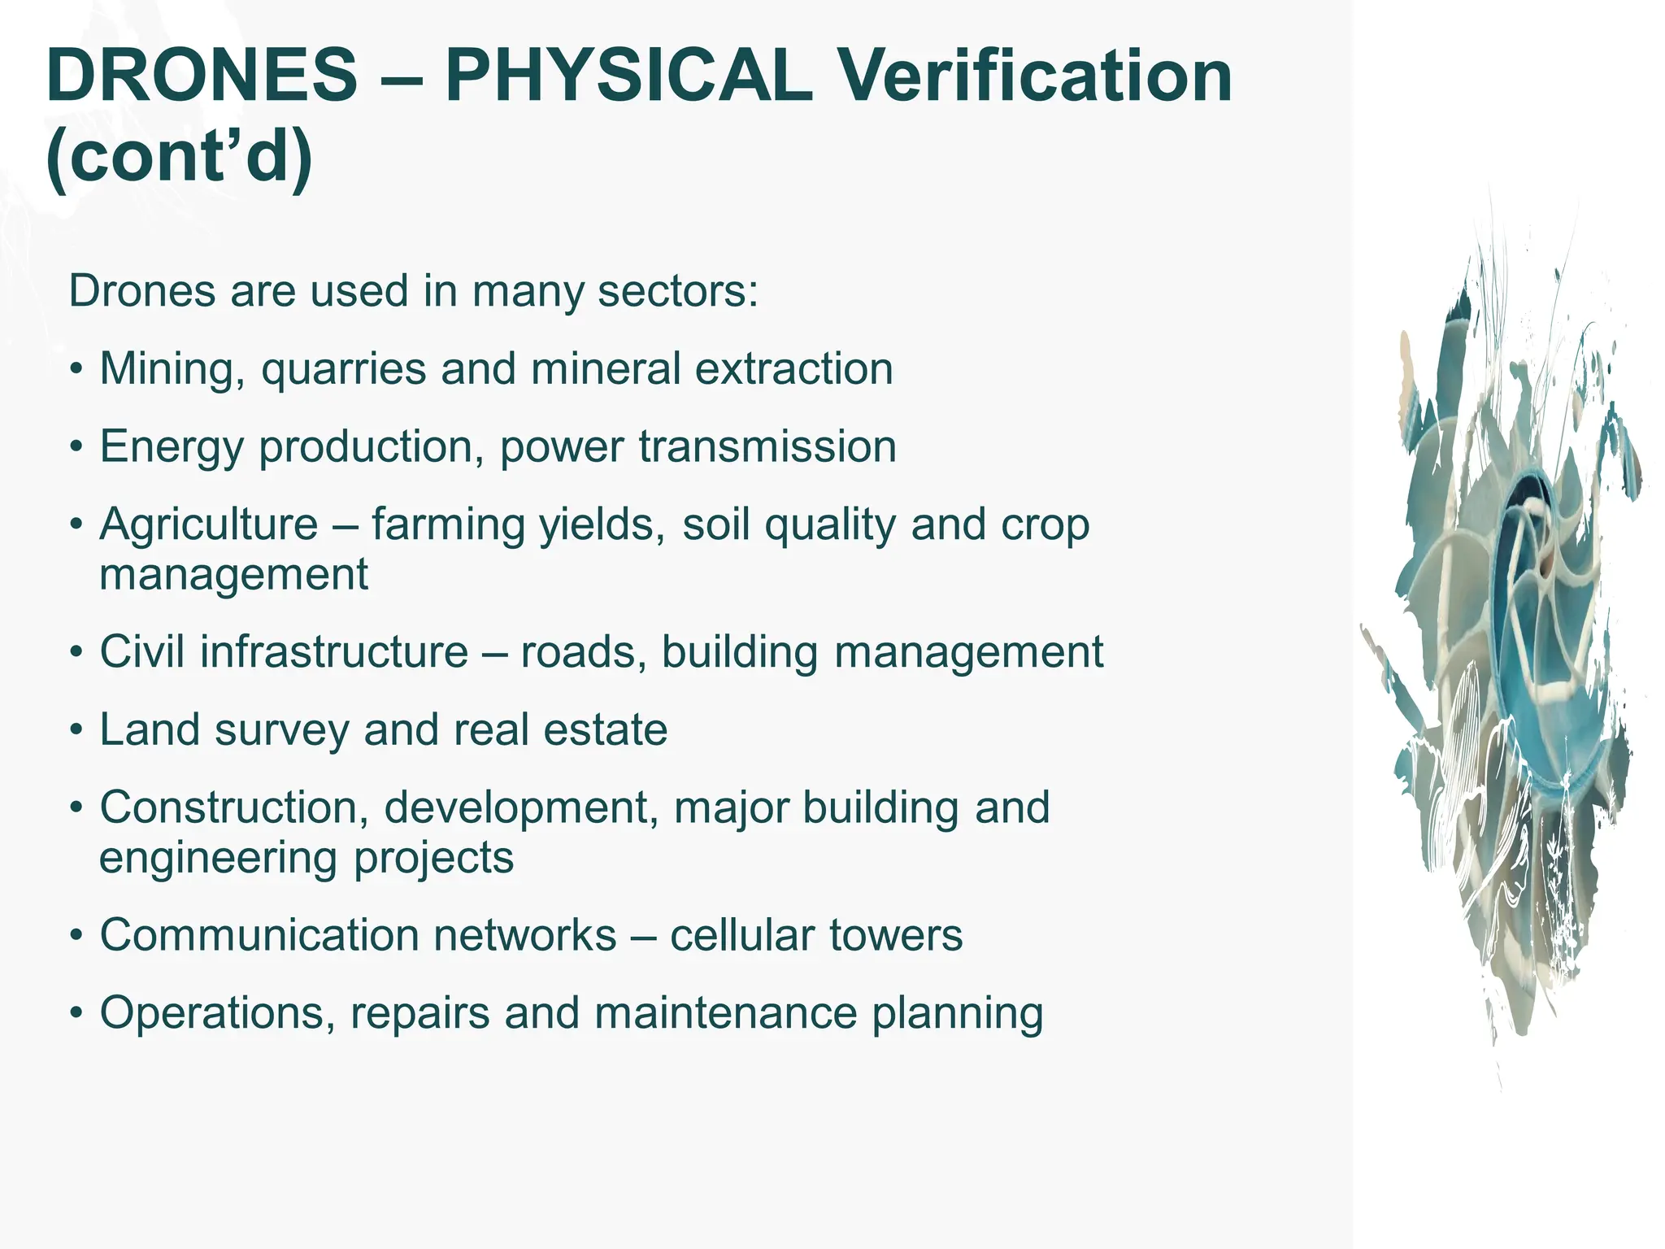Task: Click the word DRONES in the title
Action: pyautogui.click(x=202, y=76)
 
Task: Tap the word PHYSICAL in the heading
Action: pyautogui.click(x=628, y=76)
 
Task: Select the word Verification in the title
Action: pyautogui.click(x=1034, y=76)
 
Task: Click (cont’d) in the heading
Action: pyautogui.click(x=180, y=156)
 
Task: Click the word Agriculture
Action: pyautogui.click(x=209, y=525)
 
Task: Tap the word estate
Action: pyautogui.click(x=605, y=730)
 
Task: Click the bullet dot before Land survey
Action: pyautogui.click(x=76, y=730)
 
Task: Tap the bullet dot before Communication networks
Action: pyautogui.click(x=76, y=935)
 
